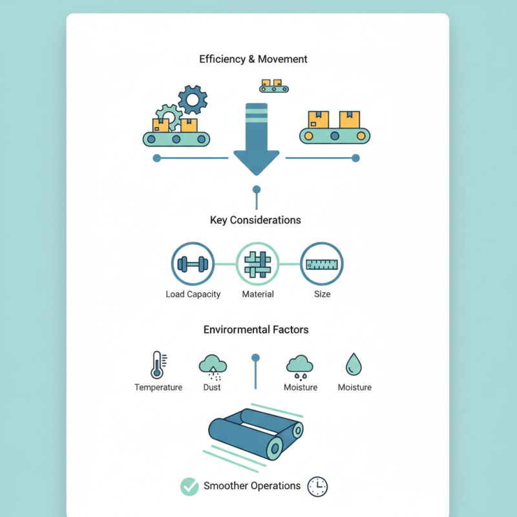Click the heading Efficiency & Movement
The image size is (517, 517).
tap(253, 59)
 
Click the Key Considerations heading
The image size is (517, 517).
tap(255, 220)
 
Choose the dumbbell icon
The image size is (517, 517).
tap(193, 264)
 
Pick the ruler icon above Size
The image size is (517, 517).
tap(322, 264)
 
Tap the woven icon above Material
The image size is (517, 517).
tap(257, 264)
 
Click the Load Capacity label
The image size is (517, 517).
tap(193, 294)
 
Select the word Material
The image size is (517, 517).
tap(258, 294)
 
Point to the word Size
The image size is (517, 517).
tap(322, 294)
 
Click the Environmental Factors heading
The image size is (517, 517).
tap(256, 330)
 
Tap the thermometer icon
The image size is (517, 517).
tap(157, 365)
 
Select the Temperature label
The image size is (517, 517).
tap(158, 387)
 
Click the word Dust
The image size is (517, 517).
tap(212, 387)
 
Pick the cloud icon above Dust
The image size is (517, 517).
tap(212, 366)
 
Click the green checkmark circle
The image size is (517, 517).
tap(189, 487)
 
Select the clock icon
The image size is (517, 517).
tap(317, 487)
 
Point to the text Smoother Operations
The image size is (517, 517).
tap(252, 486)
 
